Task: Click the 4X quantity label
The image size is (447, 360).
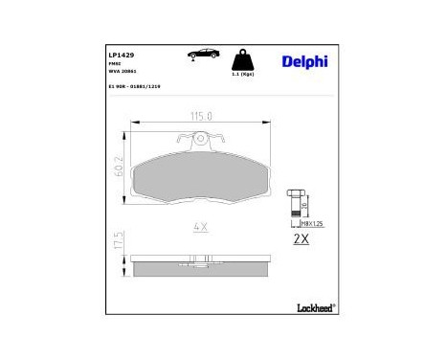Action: click(x=200, y=228)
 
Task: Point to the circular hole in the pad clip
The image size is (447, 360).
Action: click(x=199, y=141)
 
